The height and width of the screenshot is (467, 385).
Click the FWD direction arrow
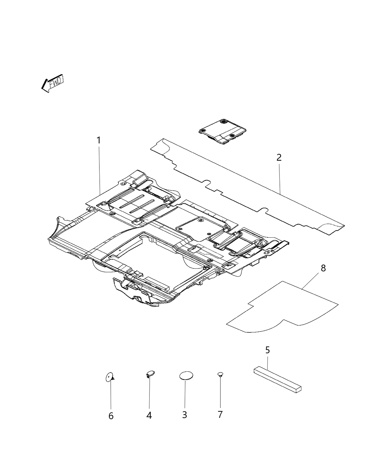point(52,84)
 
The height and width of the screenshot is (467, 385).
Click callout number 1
point(99,140)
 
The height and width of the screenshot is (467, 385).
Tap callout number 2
point(279,157)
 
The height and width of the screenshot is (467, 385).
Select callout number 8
point(323,268)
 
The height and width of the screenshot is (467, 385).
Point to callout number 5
point(267,350)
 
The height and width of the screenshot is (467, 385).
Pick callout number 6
point(111,416)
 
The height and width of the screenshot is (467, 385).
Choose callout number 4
point(149,415)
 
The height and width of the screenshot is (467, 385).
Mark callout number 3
point(184,415)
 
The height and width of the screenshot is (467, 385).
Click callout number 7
point(220,415)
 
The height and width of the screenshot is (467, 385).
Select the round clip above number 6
point(109,377)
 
